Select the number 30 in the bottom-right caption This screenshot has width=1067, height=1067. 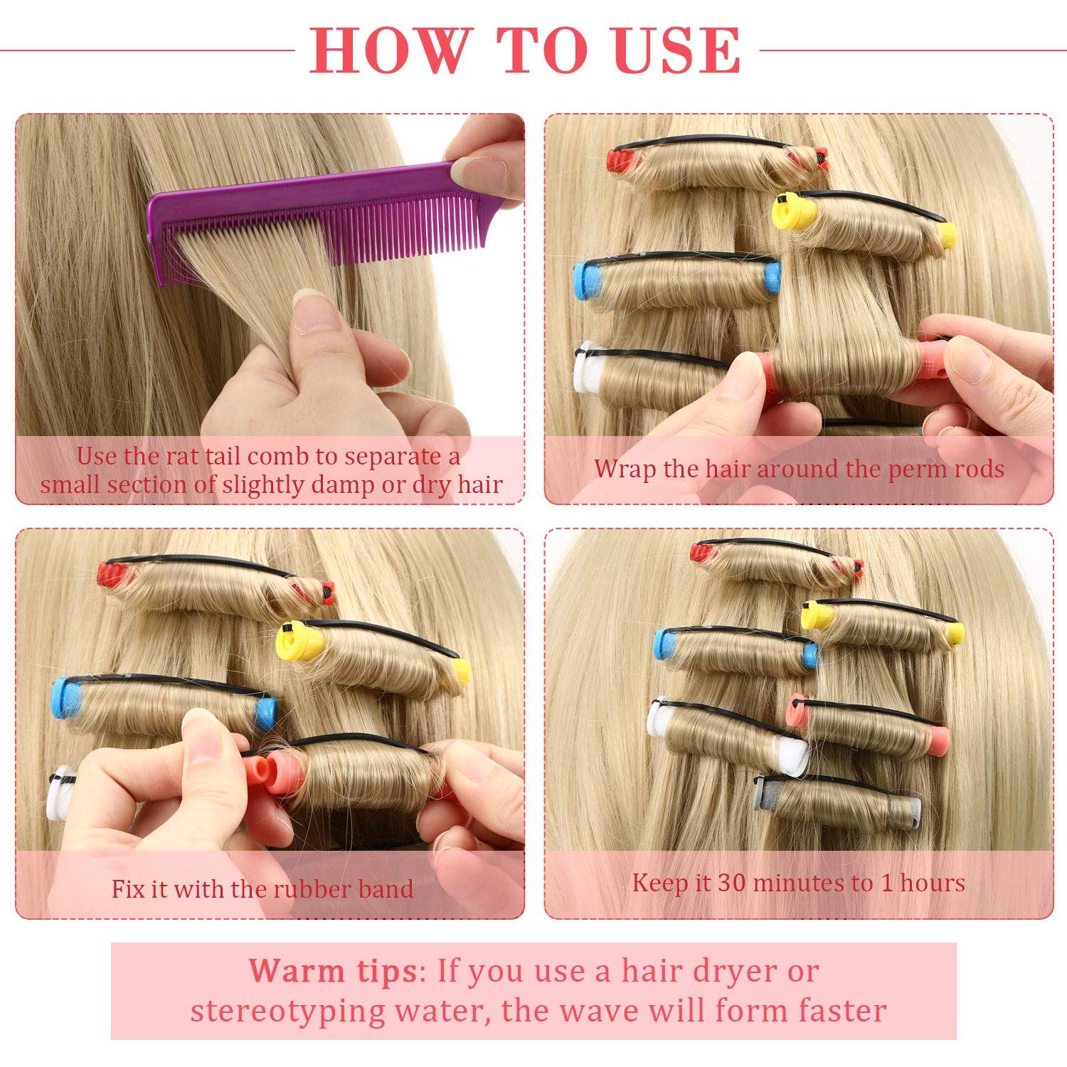731,883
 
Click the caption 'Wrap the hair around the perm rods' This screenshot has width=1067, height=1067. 799,469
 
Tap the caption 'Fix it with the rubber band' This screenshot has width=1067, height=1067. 262,888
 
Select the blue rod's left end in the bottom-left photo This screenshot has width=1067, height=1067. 66,698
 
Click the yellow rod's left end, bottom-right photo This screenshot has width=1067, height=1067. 812,613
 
